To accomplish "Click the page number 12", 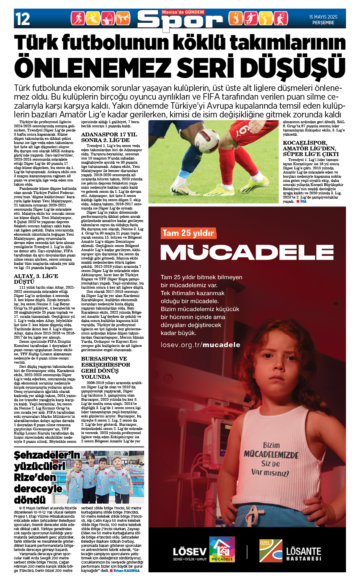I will (22, 19).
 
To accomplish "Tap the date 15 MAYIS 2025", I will (323, 17).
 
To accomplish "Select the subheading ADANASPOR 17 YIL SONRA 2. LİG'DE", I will (109, 137).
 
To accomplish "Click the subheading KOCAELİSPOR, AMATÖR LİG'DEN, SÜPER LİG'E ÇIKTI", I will (310, 148).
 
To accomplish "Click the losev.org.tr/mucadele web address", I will (200, 345).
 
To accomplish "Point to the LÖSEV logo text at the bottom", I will (189, 551).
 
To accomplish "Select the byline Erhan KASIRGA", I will (127, 570).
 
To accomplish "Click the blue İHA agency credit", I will (303, 201).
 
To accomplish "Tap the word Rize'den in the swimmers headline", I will (35, 477).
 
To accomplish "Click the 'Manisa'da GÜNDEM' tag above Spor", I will (183, 12).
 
